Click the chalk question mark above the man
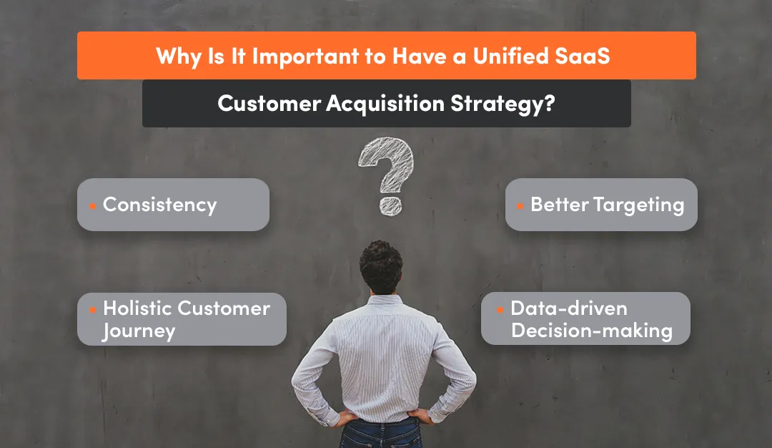point(386,175)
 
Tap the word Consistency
point(159,205)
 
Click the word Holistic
point(137,308)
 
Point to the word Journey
point(138,331)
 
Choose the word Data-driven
point(569,308)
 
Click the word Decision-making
point(592,331)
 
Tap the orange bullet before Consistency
point(92,206)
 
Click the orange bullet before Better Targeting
point(520,206)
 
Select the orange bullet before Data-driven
point(500,310)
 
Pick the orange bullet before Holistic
point(92,310)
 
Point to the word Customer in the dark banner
point(269,104)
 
